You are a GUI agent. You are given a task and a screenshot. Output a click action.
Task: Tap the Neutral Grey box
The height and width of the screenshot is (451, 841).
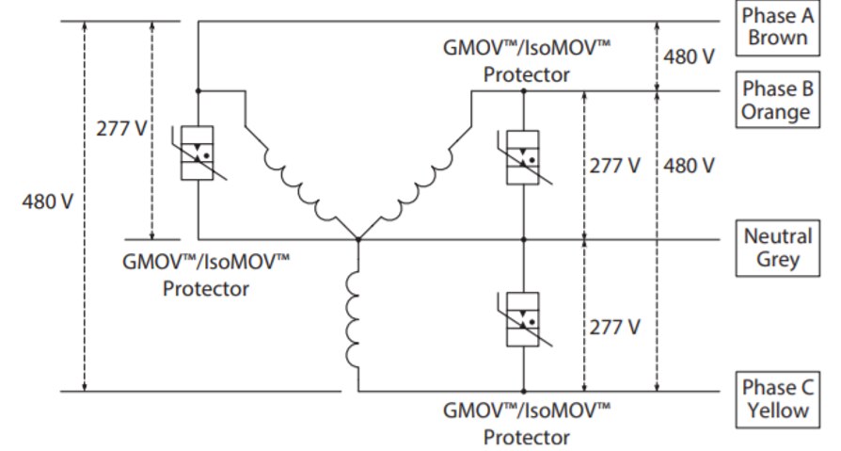pos(777,248)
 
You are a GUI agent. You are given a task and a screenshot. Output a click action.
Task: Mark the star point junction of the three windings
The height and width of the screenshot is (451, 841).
pos(357,240)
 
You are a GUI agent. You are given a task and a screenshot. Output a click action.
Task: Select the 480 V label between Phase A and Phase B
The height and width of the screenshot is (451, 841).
pos(690,56)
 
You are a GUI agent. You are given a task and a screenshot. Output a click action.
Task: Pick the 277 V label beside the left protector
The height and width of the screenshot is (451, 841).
pos(121,129)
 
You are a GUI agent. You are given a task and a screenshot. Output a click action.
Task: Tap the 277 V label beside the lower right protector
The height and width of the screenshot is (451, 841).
pos(615,327)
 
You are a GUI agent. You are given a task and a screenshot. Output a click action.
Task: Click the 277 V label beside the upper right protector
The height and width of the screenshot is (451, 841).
pos(615,166)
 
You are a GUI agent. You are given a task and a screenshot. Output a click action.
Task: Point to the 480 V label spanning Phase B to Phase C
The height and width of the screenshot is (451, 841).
pos(690,166)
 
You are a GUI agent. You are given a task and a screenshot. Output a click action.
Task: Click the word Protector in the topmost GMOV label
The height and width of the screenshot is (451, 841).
pos(526,75)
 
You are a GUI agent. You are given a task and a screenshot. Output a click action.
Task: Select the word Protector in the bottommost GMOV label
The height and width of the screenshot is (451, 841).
pos(526,438)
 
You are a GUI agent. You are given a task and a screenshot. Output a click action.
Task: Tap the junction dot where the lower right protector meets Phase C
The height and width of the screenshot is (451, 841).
pos(523,391)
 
